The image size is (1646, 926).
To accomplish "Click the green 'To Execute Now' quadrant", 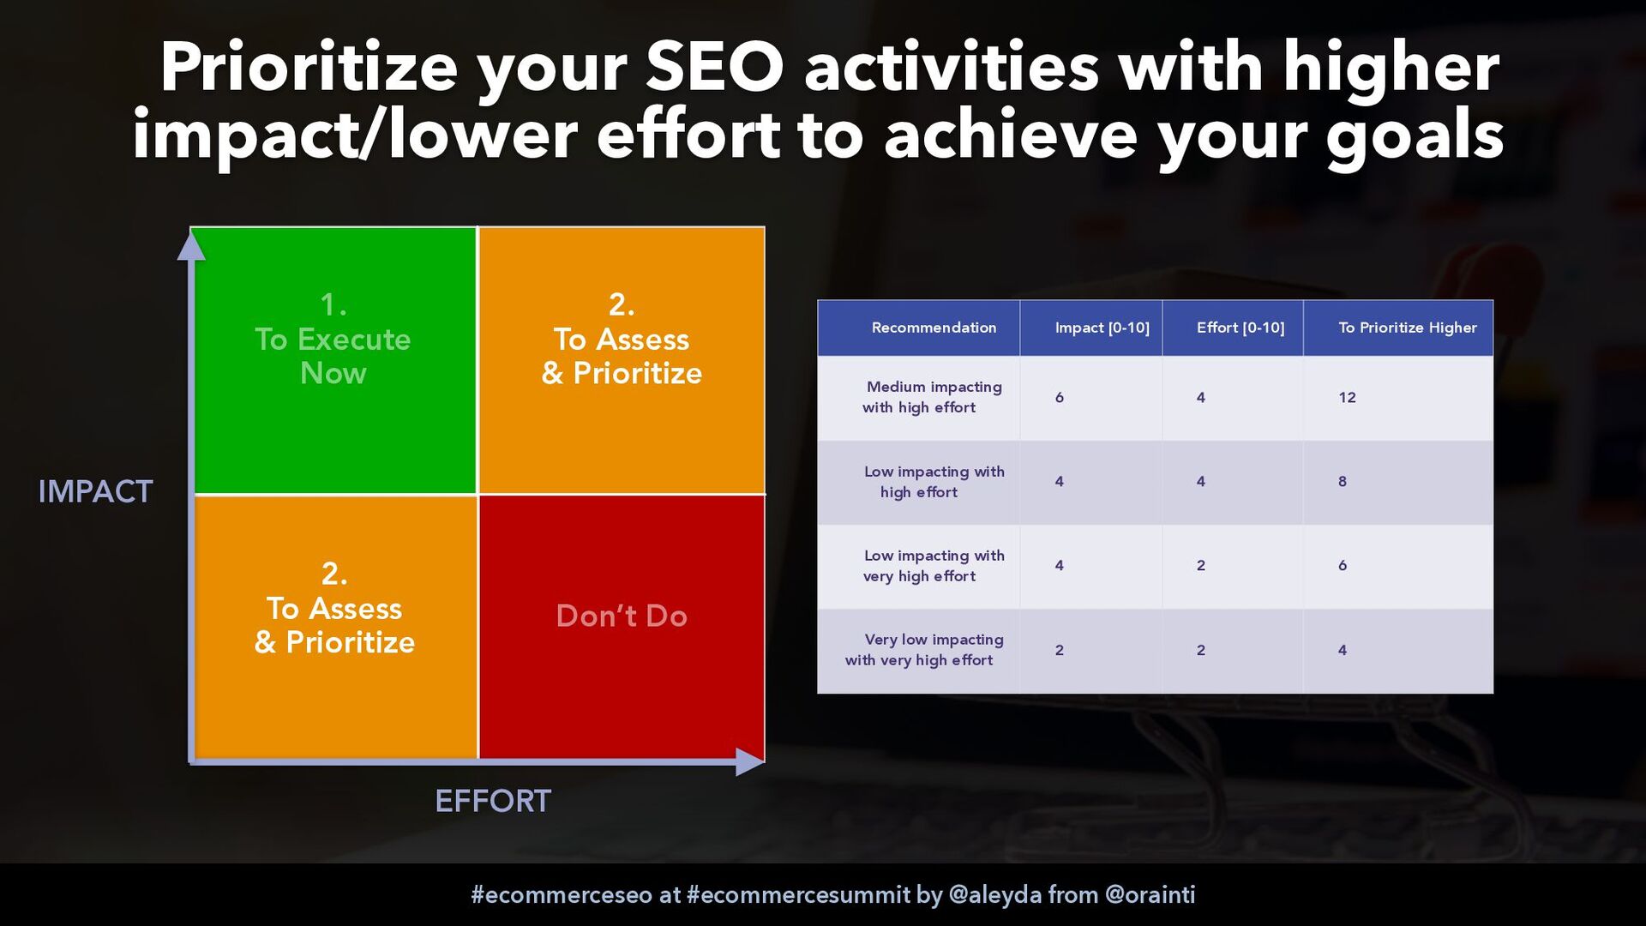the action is click(335, 360).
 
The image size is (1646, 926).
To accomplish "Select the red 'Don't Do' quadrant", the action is click(622, 627).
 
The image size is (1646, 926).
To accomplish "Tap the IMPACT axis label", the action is click(95, 491).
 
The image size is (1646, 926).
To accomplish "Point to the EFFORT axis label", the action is click(493, 801).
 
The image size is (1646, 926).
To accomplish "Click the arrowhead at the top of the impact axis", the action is click(191, 245).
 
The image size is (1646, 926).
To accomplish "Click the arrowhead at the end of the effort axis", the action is click(749, 761).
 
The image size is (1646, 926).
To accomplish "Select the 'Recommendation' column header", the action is click(934, 328).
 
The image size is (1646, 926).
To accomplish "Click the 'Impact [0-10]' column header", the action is click(1102, 328).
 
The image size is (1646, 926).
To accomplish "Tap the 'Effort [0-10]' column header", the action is click(1241, 328).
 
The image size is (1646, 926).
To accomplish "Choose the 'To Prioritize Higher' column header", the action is click(1408, 328).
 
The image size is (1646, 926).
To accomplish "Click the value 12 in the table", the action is click(1347, 397).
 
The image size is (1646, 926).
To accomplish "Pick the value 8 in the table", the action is click(1343, 481).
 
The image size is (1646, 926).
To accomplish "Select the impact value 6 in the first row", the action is click(1060, 397).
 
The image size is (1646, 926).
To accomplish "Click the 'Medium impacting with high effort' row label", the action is click(933, 397).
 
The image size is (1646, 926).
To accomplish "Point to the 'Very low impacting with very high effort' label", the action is click(924, 650).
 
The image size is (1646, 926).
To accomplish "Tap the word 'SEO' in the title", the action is click(714, 67).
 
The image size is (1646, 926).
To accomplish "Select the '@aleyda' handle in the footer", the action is click(994, 895).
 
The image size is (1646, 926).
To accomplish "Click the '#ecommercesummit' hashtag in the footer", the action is click(798, 895).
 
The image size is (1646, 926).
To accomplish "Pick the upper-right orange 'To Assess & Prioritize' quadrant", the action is click(622, 360).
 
